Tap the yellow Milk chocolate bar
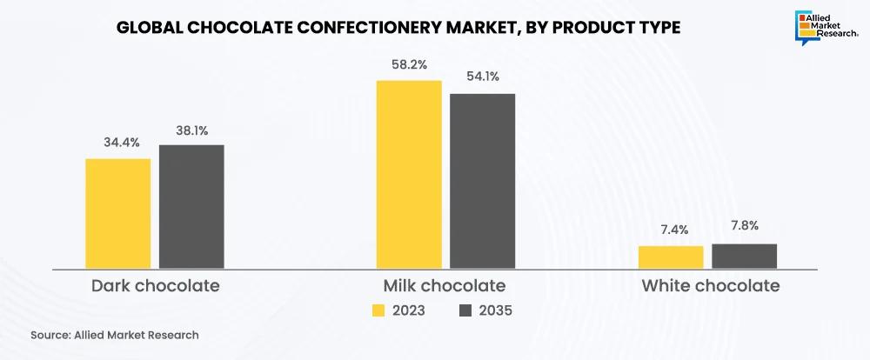tap(409, 174)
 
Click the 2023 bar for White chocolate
tap(671, 257)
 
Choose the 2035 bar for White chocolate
tap(744, 256)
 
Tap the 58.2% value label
tap(409, 64)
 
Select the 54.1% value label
tap(481, 77)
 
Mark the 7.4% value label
tap(672, 230)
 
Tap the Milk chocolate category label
tap(445, 285)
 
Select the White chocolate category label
tap(710, 285)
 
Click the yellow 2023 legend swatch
tap(378, 310)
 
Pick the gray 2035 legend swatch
tap(465, 310)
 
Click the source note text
tap(114, 335)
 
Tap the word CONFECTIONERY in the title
tap(365, 28)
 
